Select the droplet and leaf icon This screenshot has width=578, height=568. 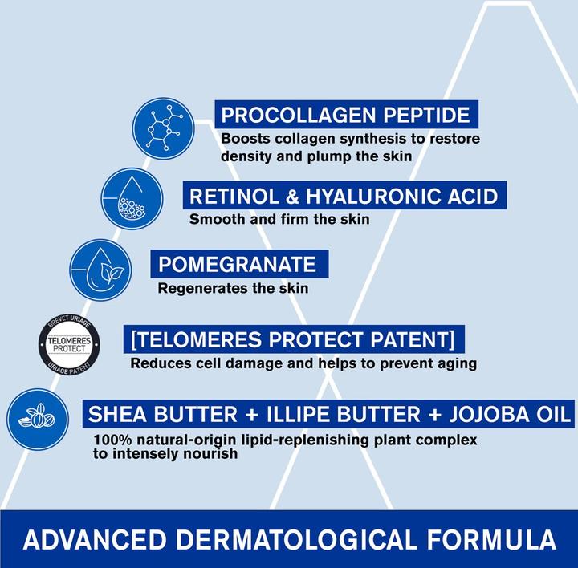pyautogui.click(x=100, y=270)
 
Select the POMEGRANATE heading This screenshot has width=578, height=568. pyautogui.click(x=237, y=264)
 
